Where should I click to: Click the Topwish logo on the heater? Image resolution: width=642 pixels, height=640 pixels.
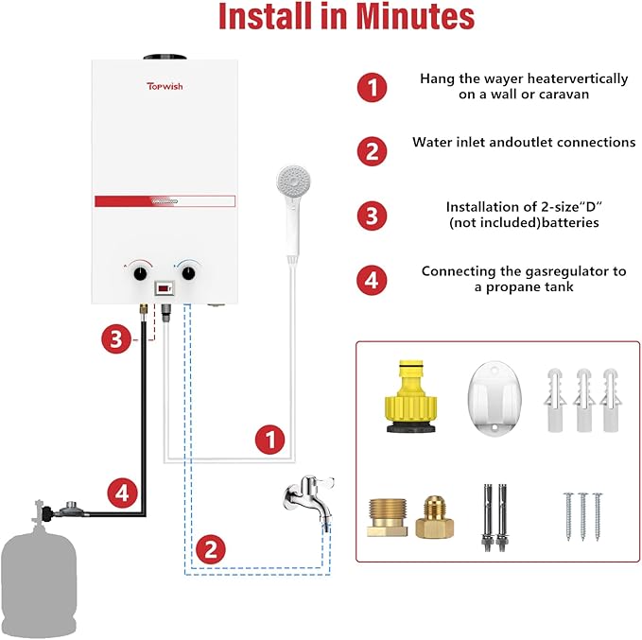[x=165, y=85]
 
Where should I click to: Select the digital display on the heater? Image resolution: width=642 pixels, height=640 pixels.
[x=165, y=283]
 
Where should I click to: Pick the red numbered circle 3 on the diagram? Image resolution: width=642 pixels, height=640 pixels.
[x=114, y=339]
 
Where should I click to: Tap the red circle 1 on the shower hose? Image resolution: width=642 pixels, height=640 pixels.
[x=270, y=439]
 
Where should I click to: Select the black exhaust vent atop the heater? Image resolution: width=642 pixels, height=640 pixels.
[x=164, y=54]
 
